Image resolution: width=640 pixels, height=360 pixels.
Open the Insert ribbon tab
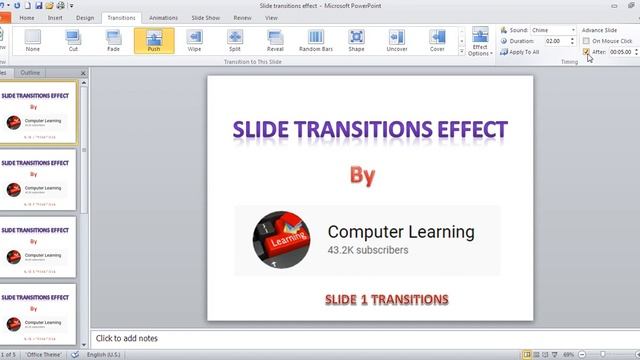(x=55, y=18)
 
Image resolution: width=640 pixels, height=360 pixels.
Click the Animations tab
(x=163, y=18)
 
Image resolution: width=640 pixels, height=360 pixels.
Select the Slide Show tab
(x=204, y=18)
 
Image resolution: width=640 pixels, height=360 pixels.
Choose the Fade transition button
(x=114, y=40)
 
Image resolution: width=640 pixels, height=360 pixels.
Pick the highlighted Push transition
(x=154, y=40)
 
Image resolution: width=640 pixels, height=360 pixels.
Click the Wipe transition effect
(x=194, y=40)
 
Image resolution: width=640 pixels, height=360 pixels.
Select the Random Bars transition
(x=316, y=40)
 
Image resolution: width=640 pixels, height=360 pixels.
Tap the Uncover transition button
(x=397, y=40)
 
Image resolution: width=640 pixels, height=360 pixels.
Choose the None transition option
(x=33, y=40)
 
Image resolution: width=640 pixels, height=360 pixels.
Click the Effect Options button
(x=480, y=42)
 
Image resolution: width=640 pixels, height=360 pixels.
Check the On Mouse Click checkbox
(x=587, y=41)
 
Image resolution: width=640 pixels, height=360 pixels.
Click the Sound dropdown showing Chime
(x=553, y=30)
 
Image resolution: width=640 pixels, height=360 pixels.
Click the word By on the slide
(x=362, y=176)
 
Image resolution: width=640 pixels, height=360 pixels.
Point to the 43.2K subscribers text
(x=368, y=250)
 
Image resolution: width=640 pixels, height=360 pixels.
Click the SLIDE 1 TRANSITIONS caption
(x=386, y=299)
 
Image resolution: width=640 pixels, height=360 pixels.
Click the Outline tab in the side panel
(x=31, y=73)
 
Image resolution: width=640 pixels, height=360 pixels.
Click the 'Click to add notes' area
(x=126, y=339)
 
